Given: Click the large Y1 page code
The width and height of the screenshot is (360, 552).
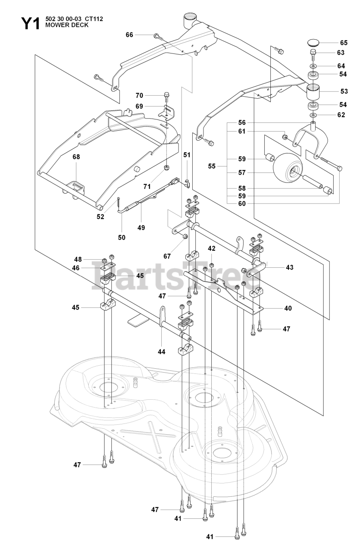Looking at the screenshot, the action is click(30, 23).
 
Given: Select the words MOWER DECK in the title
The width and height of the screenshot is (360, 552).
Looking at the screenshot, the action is click(66, 25).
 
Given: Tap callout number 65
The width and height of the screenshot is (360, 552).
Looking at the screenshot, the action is click(344, 43).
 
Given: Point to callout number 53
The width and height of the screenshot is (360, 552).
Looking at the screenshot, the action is click(344, 91).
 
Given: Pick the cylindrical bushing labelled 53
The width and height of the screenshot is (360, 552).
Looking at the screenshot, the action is click(313, 92).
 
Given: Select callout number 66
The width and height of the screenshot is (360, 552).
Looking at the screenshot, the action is click(129, 35).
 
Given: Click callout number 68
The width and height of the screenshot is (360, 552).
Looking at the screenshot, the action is click(76, 157).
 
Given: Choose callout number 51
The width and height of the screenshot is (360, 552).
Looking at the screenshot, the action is click(187, 155).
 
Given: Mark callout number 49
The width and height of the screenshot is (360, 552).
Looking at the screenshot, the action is click(141, 227).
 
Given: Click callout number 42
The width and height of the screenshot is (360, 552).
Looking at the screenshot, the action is click(211, 248).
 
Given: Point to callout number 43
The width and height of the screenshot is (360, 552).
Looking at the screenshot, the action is click(290, 267).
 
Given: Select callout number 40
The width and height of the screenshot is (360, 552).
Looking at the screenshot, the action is click(288, 308).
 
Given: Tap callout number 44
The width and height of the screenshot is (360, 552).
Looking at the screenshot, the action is click(161, 351).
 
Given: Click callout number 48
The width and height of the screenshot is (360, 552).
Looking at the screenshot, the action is click(78, 259).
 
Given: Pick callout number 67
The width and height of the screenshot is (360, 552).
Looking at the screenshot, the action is click(167, 256).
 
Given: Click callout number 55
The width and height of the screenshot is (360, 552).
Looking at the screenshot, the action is click(212, 166).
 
